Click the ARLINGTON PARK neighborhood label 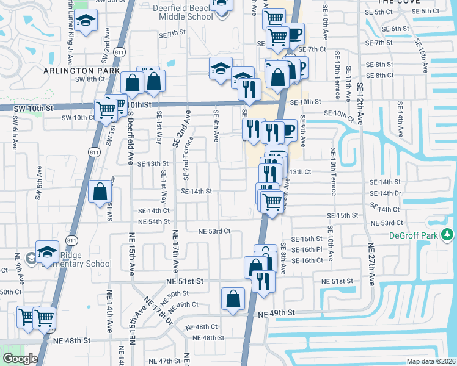point(90,71)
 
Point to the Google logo point(20,359)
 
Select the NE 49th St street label point(276,313)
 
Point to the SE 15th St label point(342,216)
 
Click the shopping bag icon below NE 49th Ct point(233,298)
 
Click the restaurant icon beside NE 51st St point(263,280)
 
